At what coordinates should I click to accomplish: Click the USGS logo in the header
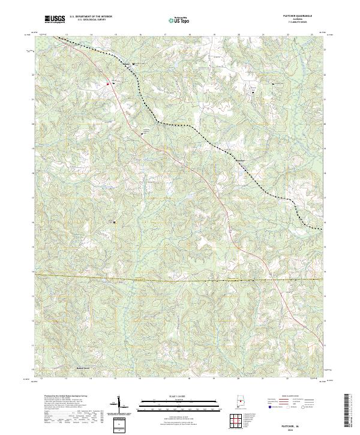point(55,19)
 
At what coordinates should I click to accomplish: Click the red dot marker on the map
point(108,84)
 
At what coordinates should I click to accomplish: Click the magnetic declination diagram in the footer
point(119,407)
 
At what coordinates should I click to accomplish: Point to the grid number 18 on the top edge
point(190,35)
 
